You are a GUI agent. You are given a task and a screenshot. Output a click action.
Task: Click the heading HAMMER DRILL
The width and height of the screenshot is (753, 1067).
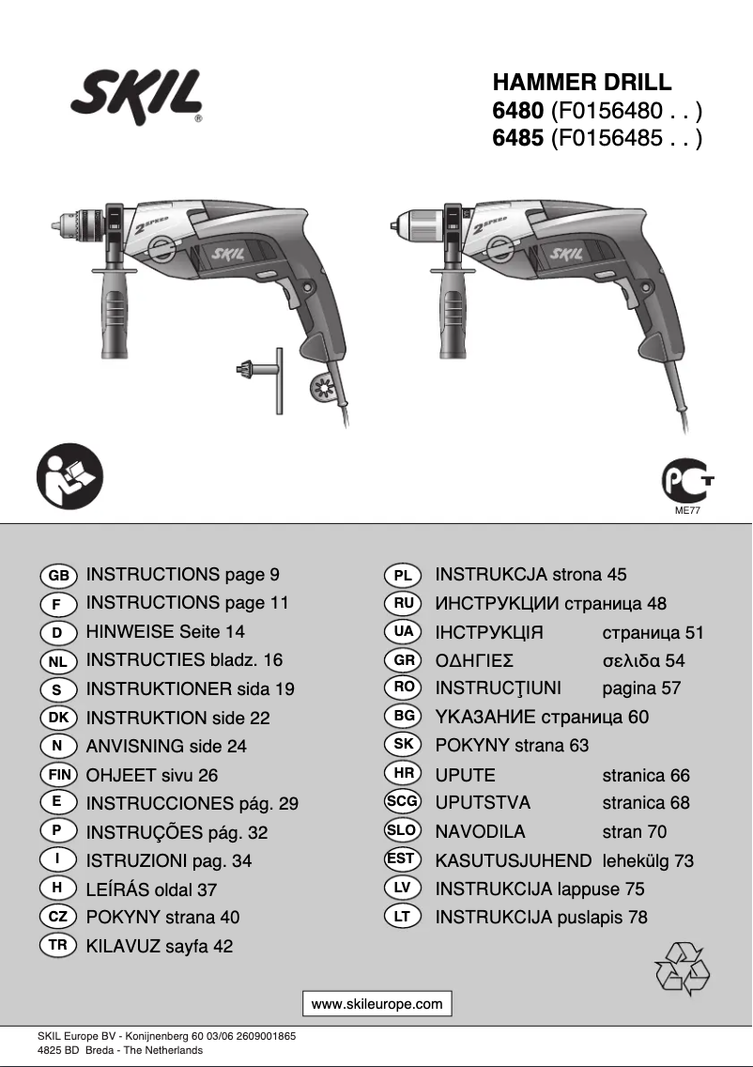pos(582,84)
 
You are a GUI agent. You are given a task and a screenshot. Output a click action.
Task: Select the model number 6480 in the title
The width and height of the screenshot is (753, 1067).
pos(517,111)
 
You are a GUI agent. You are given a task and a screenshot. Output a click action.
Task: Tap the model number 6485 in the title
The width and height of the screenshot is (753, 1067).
pos(517,139)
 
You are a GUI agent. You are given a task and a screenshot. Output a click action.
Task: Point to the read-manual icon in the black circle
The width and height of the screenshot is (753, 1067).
pos(69,477)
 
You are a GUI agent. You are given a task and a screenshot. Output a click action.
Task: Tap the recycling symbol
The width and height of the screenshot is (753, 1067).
pos(683,968)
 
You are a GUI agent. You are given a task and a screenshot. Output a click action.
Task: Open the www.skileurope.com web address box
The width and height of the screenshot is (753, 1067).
pos(376,1003)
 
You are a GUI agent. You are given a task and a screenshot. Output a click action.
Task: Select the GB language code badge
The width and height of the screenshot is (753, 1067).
pos(58,575)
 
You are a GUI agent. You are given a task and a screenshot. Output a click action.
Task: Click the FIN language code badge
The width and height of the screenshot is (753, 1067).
pos(58,775)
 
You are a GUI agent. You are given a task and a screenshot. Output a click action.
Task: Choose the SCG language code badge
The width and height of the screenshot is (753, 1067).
pos(402,802)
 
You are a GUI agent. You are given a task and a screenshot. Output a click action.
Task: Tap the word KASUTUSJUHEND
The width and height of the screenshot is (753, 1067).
pos(513,860)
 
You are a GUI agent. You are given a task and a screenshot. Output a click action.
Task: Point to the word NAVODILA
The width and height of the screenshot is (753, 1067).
pos(480,831)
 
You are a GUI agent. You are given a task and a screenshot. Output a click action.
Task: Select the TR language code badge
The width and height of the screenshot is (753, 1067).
pos(58,945)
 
